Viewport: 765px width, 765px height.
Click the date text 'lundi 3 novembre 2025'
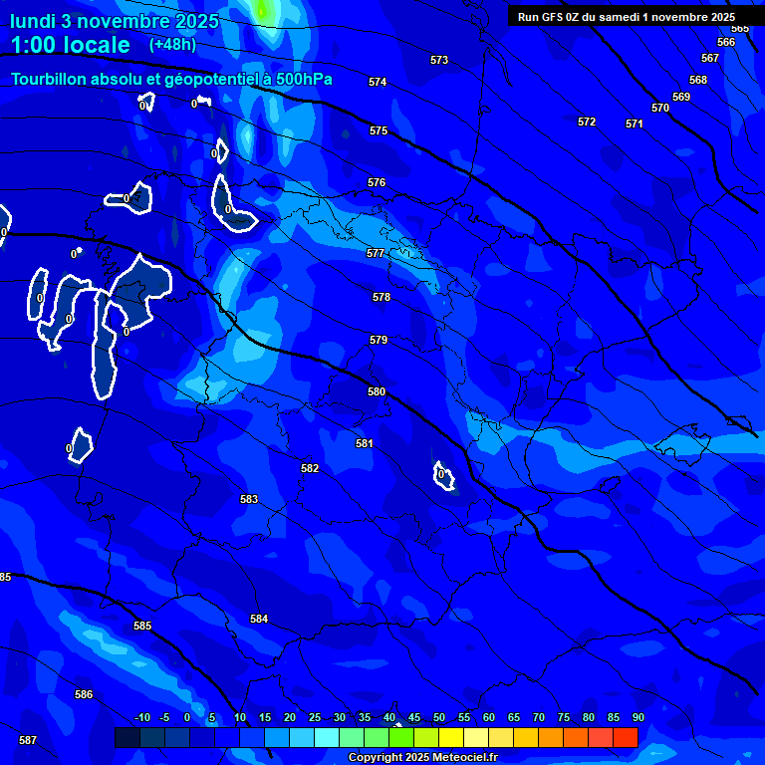click(114, 21)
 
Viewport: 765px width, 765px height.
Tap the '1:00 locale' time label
click(70, 45)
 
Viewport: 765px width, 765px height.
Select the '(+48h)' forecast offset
click(172, 45)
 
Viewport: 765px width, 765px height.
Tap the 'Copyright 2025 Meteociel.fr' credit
click(422, 757)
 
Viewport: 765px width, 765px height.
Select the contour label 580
click(377, 391)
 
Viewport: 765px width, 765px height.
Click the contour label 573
click(439, 60)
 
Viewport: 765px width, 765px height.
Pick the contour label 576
click(377, 182)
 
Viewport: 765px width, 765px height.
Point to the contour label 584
click(259, 619)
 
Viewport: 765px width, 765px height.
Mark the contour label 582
click(310, 468)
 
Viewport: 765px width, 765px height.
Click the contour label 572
click(587, 122)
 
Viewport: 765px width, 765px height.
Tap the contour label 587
click(28, 740)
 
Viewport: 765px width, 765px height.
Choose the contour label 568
click(698, 80)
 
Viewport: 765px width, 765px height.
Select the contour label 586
click(84, 694)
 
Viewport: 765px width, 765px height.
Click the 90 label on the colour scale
click(637, 717)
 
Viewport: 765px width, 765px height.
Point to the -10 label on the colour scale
click(142, 717)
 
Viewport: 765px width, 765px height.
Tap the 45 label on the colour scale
click(413, 717)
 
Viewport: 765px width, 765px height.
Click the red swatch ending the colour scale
click(625, 737)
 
